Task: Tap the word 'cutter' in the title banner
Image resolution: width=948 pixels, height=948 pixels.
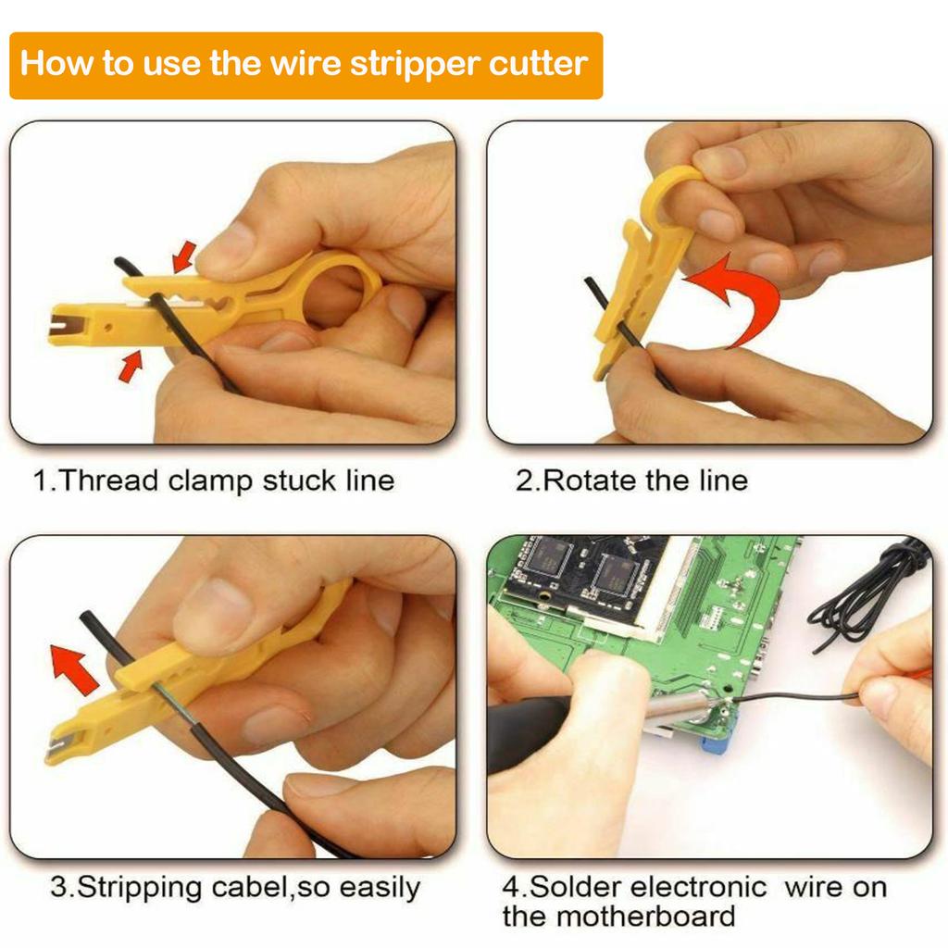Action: [543, 65]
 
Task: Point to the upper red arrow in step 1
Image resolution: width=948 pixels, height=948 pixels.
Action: [185, 256]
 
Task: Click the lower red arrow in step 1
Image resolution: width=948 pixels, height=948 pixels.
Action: [131, 367]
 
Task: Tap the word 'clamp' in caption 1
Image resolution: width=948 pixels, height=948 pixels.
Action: [211, 481]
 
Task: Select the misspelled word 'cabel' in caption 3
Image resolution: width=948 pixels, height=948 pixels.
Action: [246, 888]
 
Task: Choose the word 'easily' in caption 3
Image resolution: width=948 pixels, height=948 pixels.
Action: [380, 888]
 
